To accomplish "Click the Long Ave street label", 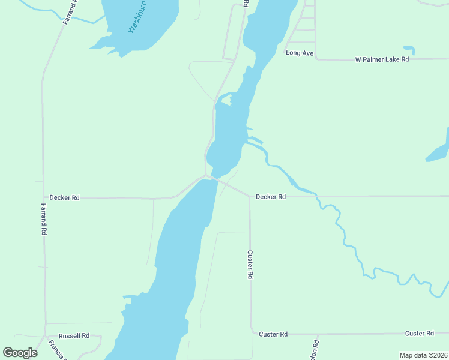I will (300, 53).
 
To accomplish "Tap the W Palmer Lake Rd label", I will (382, 59).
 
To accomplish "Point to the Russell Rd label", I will (74, 335).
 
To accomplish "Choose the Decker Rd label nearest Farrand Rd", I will (64, 197).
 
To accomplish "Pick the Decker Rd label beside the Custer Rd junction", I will (270, 196).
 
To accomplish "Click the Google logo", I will (20, 352).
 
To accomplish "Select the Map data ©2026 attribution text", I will (423, 355).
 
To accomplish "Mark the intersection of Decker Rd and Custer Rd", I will (250, 196).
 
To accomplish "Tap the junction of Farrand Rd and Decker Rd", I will (43, 197).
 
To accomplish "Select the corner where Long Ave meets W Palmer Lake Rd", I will (316, 59).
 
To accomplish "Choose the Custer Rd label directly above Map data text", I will (419, 333).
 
